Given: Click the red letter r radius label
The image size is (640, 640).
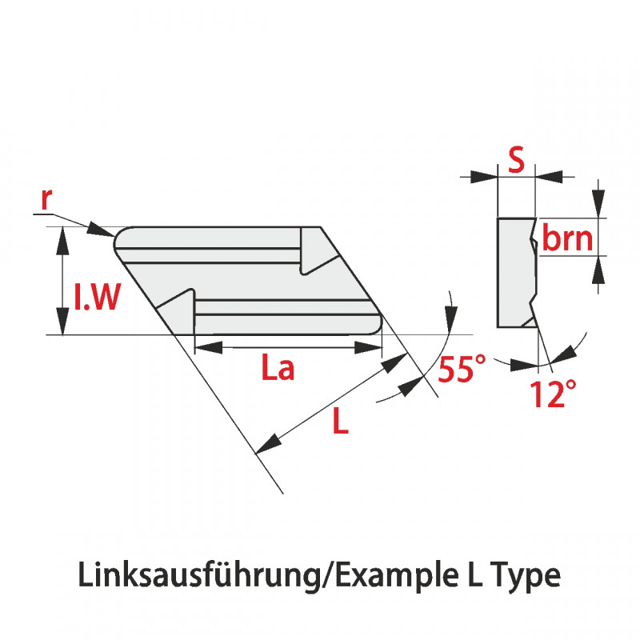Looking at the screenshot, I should point(46,200).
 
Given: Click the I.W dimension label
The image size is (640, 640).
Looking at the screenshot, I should point(97,298).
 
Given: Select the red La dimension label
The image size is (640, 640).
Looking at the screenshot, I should point(279,369).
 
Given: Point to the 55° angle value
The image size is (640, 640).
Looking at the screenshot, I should point(462,370).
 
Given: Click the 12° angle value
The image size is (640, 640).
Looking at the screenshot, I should point(552,394).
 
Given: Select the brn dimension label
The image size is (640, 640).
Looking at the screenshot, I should point(567,238).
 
